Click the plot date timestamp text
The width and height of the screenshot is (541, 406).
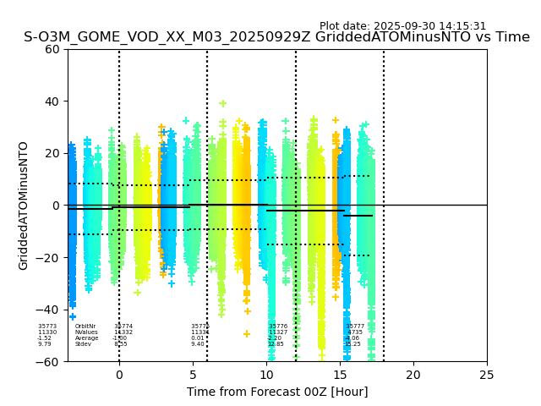point(402,26)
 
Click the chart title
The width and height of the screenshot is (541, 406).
point(276,37)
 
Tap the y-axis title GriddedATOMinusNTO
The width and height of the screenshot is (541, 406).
point(24,206)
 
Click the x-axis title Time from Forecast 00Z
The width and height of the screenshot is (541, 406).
point(277,392)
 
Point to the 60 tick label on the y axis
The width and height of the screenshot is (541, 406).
point(52,49)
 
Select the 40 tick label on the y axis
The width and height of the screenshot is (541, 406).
point(52,101)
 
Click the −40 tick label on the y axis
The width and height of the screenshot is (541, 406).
point(49,310)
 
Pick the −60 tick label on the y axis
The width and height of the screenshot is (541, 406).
point(49,362)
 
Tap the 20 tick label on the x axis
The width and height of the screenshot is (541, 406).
point(413,375)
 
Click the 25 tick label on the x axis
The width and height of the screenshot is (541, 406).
point(487,375)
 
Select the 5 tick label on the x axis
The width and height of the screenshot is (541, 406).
point(193,375)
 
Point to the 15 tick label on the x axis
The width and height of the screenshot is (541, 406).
point(340,375)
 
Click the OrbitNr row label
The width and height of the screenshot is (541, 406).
point(85,326)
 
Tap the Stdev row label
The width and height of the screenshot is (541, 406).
point(83,344)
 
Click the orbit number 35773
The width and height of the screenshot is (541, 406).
point(47,326)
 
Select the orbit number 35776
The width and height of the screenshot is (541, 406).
point(278,326)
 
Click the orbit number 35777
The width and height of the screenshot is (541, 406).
point(355,326)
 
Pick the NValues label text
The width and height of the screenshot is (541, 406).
point(86,332)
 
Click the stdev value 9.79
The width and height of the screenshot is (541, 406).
point(44,344)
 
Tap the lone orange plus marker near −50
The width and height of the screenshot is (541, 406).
point(248,334)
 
